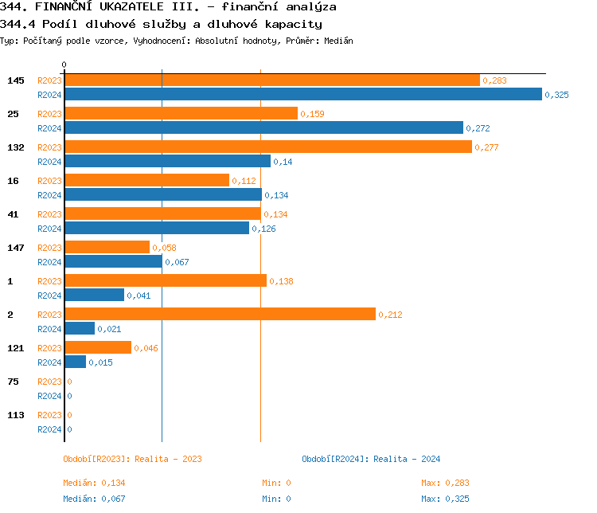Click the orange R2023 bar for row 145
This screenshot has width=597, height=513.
click(271, 80)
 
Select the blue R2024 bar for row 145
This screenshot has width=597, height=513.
click(303, 95)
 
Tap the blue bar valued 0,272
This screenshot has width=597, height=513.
click(263, 128)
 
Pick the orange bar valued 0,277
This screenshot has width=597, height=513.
click(268, 147)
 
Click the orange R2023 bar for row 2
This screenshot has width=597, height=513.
click(220, 315)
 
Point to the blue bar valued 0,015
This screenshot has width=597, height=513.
click(75, 362)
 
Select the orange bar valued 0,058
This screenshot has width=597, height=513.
click(107, 248)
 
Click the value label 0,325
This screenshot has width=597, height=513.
click(556, 95)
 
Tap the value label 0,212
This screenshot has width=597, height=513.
click(390, 315)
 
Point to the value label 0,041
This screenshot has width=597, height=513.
click(139, 296)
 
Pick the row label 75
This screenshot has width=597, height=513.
click(13, 382)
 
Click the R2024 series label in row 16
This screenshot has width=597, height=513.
click(49, 195)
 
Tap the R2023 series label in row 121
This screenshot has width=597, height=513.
click(49, 348)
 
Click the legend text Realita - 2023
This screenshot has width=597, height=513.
click(168, 459)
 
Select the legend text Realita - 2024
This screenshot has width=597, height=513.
click(407, 459)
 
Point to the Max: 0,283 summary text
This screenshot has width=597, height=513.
click(445, 483)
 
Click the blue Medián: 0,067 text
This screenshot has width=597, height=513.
click(94, 499)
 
